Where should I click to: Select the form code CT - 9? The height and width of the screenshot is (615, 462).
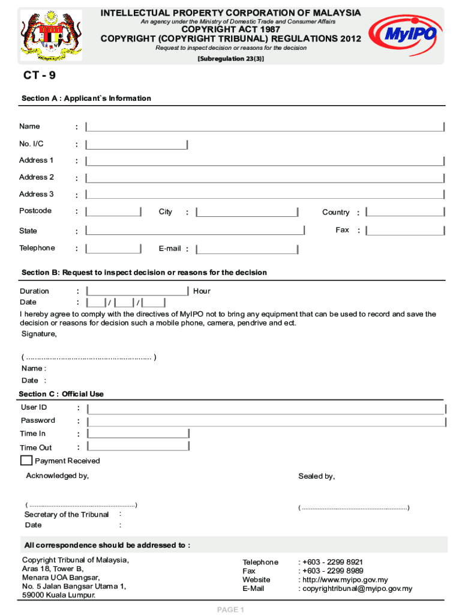click(x=40, y=76)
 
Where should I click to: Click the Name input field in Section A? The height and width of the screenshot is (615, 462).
click(x=265, y=127)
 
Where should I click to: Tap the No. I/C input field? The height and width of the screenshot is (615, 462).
click(x=137, y=144)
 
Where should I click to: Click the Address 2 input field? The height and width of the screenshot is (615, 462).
click(x=265, y=178)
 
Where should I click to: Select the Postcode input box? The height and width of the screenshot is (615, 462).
click(x=113, y=212)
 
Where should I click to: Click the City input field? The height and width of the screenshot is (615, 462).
click(x=247, y=212)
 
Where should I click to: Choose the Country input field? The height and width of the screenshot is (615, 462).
click(x=405, y=212)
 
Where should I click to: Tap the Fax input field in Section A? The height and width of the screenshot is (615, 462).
click(x=405, y=231)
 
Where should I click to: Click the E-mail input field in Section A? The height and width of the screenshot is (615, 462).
click(x=247, y=249)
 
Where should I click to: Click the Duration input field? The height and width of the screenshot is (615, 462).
click(x=137, y=291)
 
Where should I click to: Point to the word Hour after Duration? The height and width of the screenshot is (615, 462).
click(x=202, y=291)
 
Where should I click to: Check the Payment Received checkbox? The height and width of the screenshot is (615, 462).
click(x=26, y=461)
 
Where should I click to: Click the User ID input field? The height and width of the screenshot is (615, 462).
click(x=266, y=408)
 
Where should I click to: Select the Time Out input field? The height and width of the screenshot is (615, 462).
click(x=138, y=446)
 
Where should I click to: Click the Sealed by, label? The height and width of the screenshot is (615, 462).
click(x=317, y=476)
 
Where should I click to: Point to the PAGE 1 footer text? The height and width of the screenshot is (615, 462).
click(x=230, y=610)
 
